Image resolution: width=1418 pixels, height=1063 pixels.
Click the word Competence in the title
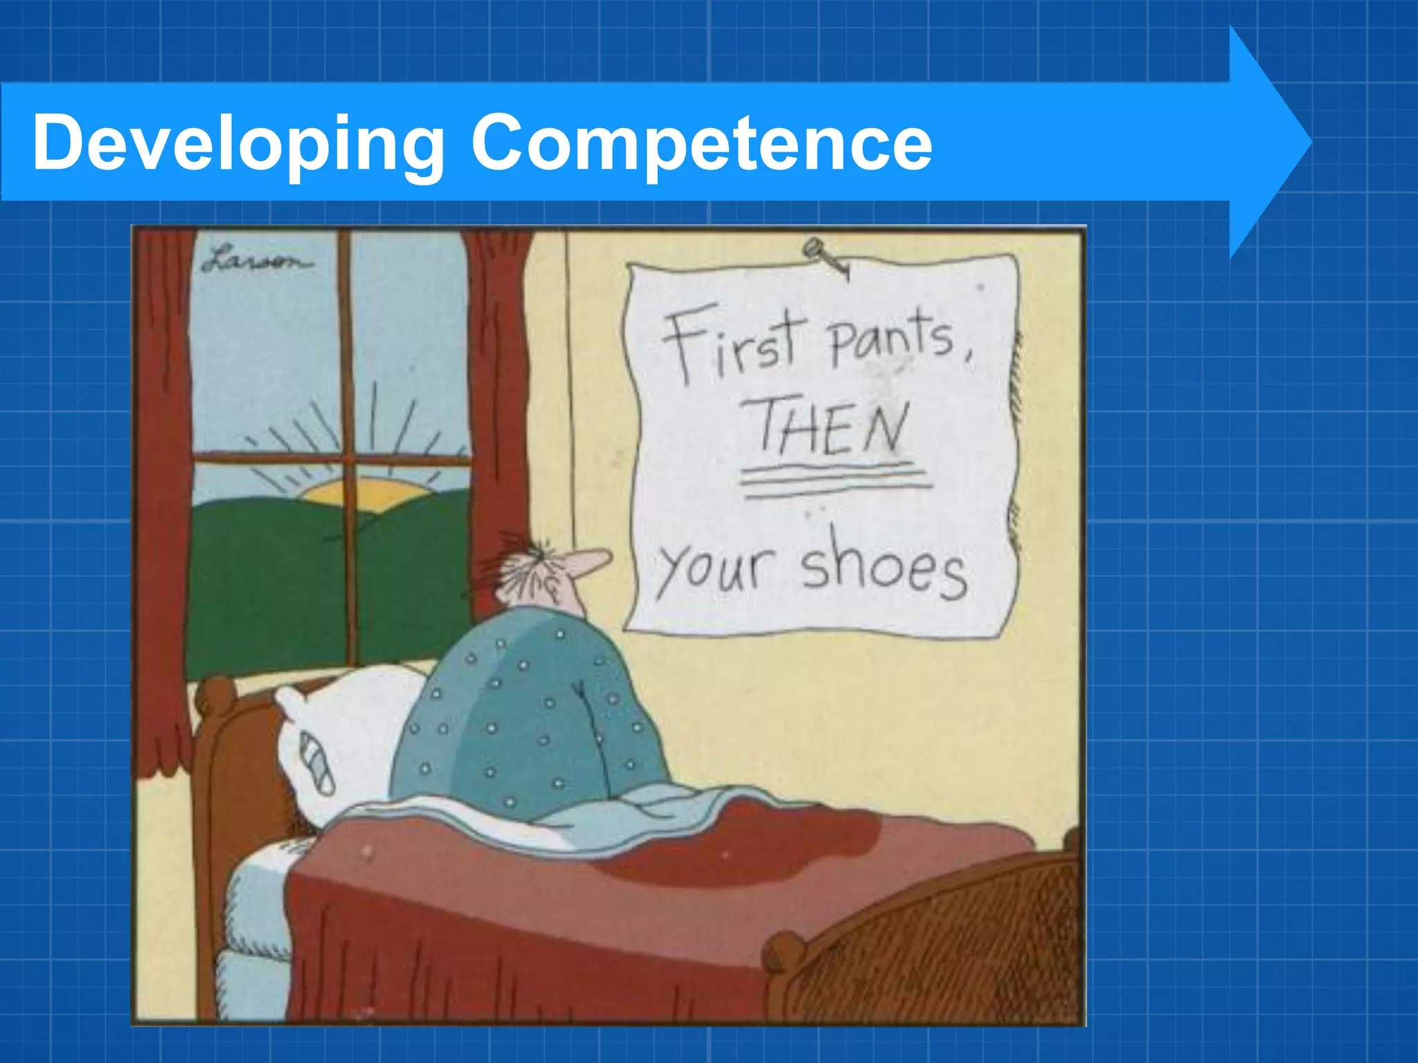701,144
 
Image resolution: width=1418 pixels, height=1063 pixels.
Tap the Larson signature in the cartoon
256,261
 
